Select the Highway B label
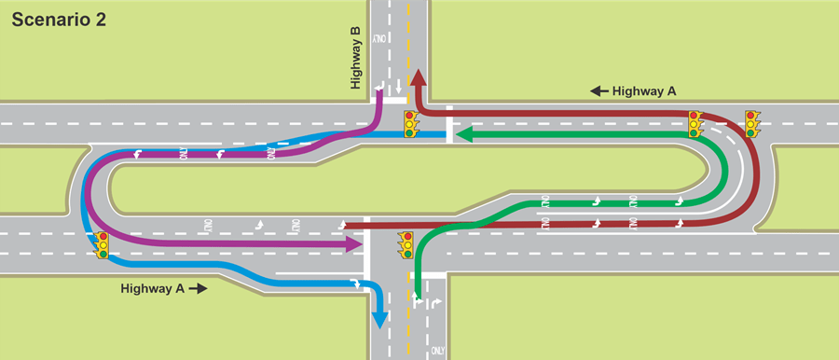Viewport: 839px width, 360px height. coord(355,58)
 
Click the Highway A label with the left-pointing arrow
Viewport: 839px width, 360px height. coord(644,90)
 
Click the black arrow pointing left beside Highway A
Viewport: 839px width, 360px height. coord(598,90)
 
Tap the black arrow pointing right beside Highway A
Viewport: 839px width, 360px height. coord(198,289)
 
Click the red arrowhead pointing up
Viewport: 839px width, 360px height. coord(418,78)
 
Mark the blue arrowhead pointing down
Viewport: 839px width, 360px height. coord(378,319)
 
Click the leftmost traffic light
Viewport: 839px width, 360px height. coord(102,245)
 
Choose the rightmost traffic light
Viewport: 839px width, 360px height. coord(752,123)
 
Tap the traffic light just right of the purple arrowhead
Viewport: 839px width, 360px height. coord(406,244)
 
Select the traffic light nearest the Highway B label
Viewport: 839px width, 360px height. coord(409,123)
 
